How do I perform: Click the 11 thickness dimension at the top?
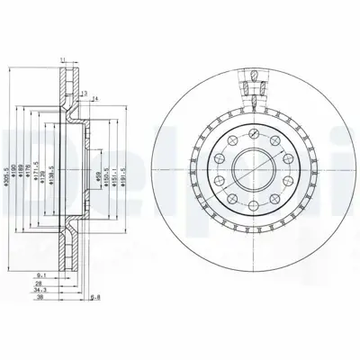click(62, 59)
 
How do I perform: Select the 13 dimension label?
click(84, 93)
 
